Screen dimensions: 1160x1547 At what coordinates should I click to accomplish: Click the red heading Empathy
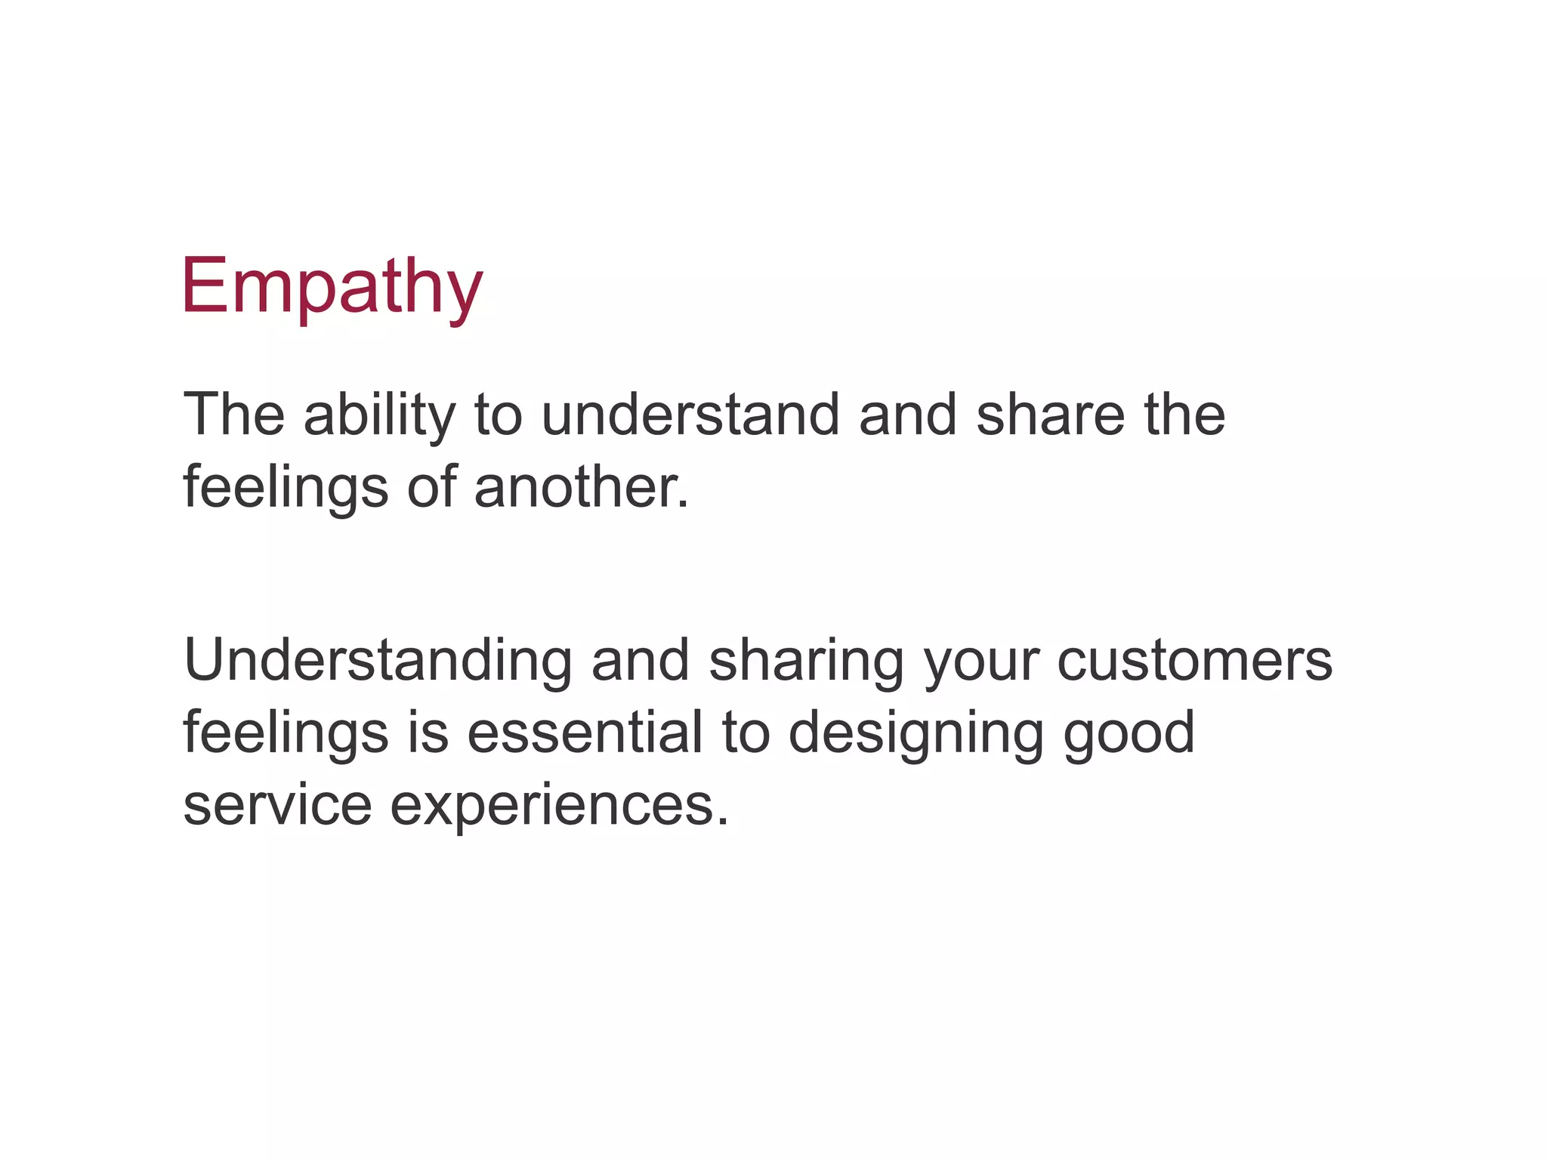coord(332,287)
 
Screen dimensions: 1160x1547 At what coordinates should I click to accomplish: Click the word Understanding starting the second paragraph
coord(377,661)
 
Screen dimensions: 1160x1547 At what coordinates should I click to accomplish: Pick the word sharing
coord(806,661)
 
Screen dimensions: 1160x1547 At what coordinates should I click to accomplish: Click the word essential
coord(585,733)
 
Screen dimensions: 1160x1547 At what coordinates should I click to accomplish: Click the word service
coord(277,805)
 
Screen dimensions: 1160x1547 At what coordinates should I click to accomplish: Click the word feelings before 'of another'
coord(286,489)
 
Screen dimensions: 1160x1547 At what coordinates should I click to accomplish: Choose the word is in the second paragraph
coord(428,733)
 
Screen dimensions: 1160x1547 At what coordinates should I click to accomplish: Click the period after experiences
coord(723,823)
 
